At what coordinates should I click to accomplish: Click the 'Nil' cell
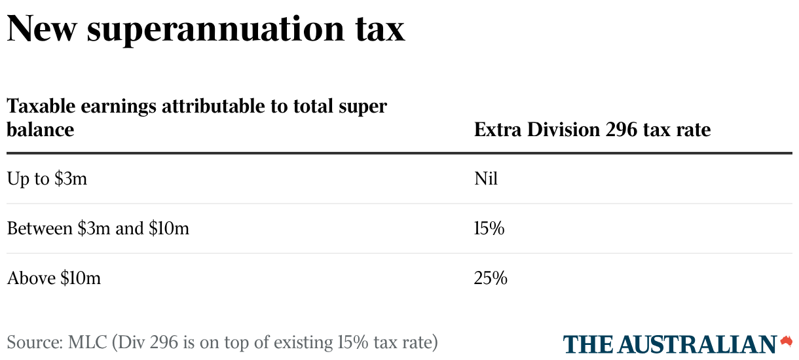click(x=486, y=179)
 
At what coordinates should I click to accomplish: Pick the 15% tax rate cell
click(x=489, y=228)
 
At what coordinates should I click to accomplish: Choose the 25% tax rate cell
click(x=491, y=278)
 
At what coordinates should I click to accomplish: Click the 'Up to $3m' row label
click(x=47, y=179)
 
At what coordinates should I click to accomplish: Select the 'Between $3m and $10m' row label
click(x=98, y=228)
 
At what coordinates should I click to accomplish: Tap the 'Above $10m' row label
click(x=54, y=278)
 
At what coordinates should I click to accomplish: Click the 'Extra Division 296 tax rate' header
click(x=592, y=130)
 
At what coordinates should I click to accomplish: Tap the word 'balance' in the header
click(x=40, y=130)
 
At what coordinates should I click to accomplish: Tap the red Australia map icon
click(x=786, y=341)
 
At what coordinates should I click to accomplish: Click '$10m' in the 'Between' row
click(x=169, y=228)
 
